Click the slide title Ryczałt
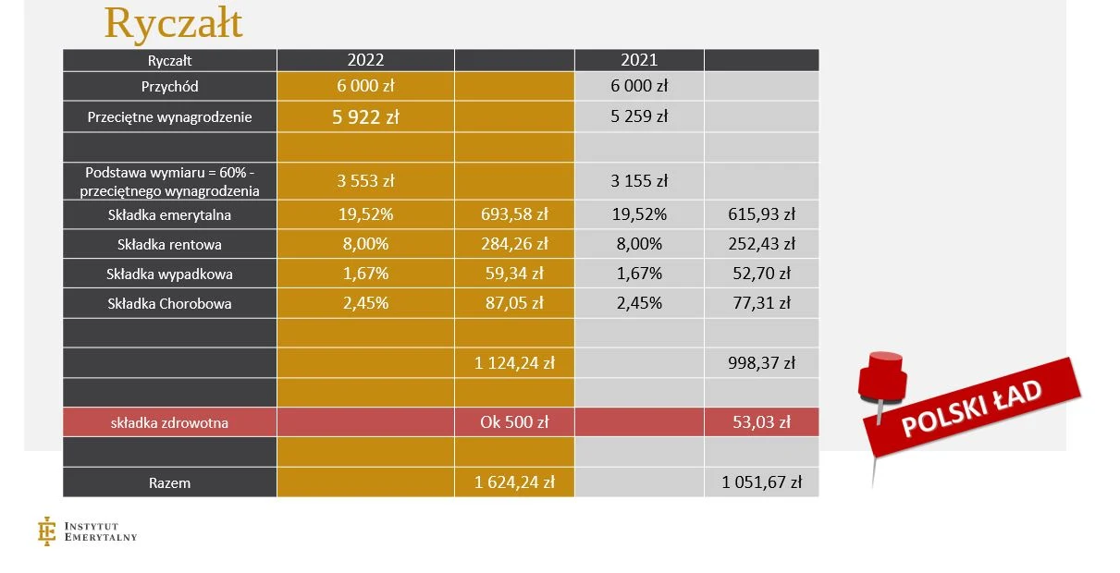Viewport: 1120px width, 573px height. pos(173,22)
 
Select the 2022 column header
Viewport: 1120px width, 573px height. pos(365,60)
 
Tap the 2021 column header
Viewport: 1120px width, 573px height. pos(639,60)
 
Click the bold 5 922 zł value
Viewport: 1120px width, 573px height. pos(365,117)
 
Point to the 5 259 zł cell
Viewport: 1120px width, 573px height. pos(639,117)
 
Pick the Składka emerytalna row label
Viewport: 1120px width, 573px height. pos(169,215)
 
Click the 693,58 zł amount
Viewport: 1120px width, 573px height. pos(514,215)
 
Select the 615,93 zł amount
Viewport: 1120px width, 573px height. pos(761,215)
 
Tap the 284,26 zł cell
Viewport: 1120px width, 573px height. pos(514,245)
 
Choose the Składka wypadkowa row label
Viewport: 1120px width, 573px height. pos(169,274)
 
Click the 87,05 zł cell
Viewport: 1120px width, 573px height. pos(514,303)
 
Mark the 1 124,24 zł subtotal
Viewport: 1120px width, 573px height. pos(514,363)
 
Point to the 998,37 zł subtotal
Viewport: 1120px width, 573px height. pos(761,363)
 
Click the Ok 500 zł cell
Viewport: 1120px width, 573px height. pos(514,422)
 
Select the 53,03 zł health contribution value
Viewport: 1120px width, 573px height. pos(761,422)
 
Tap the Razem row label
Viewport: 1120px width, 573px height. pos(169,482)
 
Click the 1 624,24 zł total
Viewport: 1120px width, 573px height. pos(514,482)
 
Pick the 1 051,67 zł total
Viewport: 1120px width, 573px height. pos(761,482)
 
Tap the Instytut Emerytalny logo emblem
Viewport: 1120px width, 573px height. pos(46,530)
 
